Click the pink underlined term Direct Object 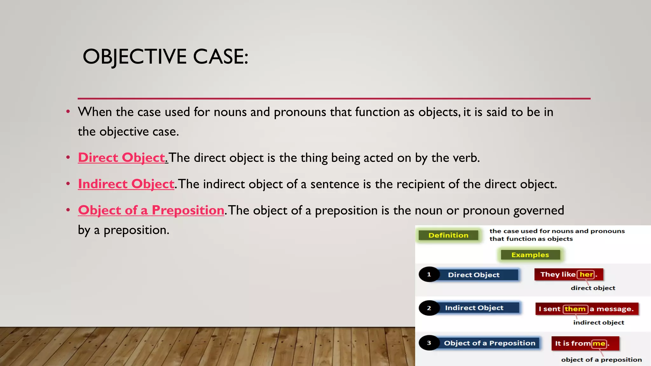coord(122,158)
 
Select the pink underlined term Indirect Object coord(126,184)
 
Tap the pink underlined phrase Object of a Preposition coord(151,210)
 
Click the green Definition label coord(448,235)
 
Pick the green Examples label coord(530,255)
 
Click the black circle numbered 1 coord(429,274)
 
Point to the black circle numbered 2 coord(429,308)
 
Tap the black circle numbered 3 coord(429,343)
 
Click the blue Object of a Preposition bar coord(490,343)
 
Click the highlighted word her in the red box coord(586,274)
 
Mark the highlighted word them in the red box coord(575,309)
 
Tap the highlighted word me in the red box coord(599,343)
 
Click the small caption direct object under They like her coord(593,288)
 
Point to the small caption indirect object coord(599,322)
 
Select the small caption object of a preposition coord(601,360)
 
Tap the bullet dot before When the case coord(68,112)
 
